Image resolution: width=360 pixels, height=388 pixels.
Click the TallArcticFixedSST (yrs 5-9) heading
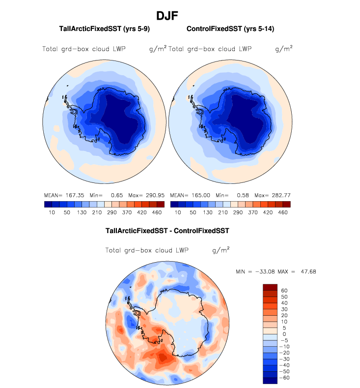click(x=104, y=29)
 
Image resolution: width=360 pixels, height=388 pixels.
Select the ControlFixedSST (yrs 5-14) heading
click(x=230, y=29)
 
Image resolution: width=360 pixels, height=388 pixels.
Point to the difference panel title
click(x=167, y=230)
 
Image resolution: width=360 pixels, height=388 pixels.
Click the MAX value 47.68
click(x=306, y=271)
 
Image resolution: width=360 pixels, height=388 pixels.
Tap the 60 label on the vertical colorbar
click(x=284, y=291)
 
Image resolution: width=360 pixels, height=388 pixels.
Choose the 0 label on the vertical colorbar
click(x=283, y=334)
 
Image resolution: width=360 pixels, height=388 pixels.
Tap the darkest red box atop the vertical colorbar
click(x=271, y=287)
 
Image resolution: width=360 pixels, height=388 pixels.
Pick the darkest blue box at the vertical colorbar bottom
click(x=271, y=380)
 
